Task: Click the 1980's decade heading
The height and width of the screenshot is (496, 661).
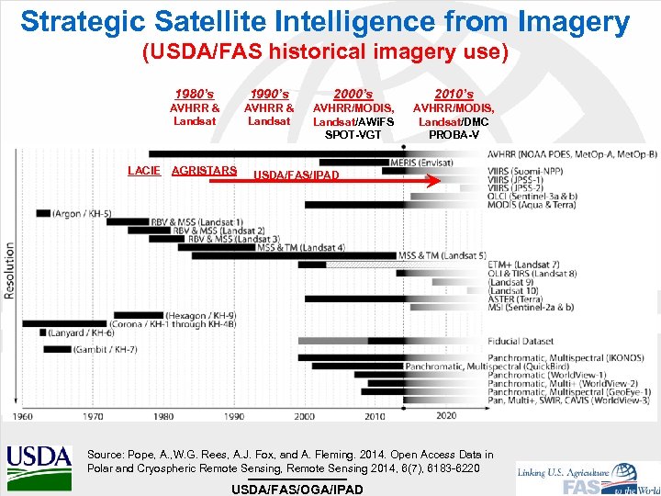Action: (x=195, y=94)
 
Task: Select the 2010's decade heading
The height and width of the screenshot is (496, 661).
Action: (x=454, y=94)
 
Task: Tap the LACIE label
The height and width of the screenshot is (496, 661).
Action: (x=144, y=171)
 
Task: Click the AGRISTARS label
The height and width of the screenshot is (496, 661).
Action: (x=204, y=171)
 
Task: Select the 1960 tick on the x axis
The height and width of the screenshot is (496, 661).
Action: (x=22, y=416)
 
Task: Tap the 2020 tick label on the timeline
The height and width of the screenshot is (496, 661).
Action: (x=445, y=416)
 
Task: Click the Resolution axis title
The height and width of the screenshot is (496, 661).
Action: (x=10, y=271)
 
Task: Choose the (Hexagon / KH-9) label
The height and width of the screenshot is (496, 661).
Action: (x=199, y=315)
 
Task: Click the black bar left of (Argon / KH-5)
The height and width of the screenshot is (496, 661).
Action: (x=43, y=213)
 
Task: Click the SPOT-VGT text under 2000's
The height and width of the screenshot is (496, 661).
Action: (x=353, y=135)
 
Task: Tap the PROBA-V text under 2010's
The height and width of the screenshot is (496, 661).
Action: (x=454, y=135)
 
